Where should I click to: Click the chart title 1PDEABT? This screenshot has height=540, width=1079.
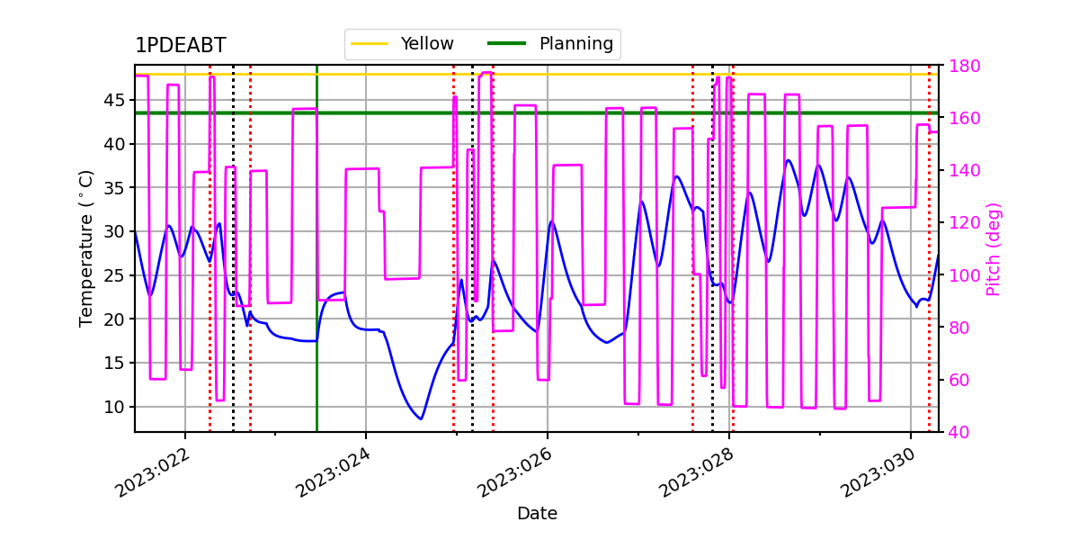[180, 45]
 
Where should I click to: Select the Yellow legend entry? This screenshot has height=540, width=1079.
[402, 44]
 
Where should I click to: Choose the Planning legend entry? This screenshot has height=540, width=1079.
[550, 44]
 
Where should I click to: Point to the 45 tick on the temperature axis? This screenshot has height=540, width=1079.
[114, 100]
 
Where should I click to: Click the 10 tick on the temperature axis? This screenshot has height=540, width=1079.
[114, 407]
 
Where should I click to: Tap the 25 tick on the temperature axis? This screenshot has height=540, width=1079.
[114, 275]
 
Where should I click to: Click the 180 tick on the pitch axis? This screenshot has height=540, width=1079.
[964, 66]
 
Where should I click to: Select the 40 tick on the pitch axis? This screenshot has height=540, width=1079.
[959, 432]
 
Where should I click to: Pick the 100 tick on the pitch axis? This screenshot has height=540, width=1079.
[964, 275]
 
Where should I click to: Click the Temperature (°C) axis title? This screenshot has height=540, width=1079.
[85, 248]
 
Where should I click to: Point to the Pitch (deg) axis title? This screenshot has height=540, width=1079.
[994, 249]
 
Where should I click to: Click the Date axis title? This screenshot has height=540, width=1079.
[537, 514]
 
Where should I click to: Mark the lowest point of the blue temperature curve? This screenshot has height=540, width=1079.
[421, 419]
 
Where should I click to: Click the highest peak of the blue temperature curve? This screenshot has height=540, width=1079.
[788, 160]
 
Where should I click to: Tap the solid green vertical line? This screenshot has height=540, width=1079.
[317, 248]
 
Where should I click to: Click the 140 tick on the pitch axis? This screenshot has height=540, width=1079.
[964, 171]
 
